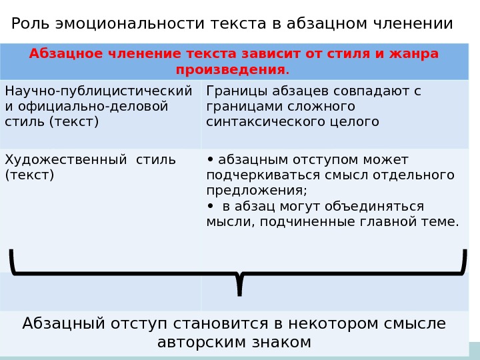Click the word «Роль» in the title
point(31,24)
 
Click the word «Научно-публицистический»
point(98,91)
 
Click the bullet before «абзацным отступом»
point(211,159)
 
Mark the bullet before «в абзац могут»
point(211,206)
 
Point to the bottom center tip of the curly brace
point(240,293)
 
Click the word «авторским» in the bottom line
point(195,343)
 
